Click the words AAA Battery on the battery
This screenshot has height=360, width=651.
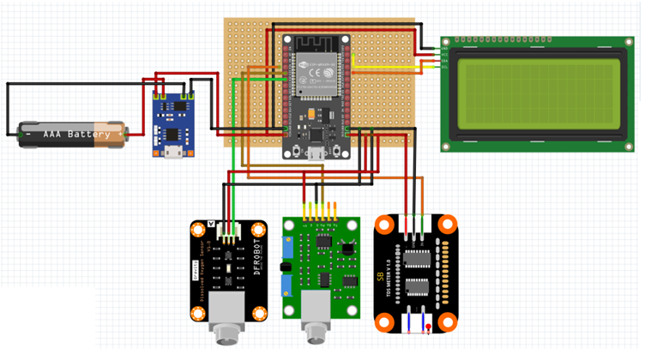76,135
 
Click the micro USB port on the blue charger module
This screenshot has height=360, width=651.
172,153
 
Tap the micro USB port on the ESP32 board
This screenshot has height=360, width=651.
316,153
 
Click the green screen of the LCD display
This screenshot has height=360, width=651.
538,93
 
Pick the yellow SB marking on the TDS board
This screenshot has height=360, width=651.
380,279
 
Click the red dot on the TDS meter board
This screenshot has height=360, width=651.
428,327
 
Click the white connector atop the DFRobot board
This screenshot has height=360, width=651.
229,231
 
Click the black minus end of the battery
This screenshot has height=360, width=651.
25,134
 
